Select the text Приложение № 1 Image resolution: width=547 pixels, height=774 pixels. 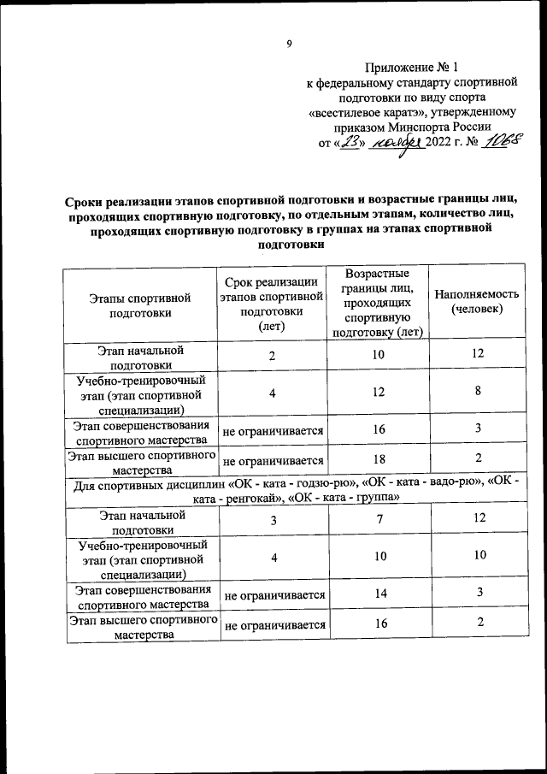tap(412, 67)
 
